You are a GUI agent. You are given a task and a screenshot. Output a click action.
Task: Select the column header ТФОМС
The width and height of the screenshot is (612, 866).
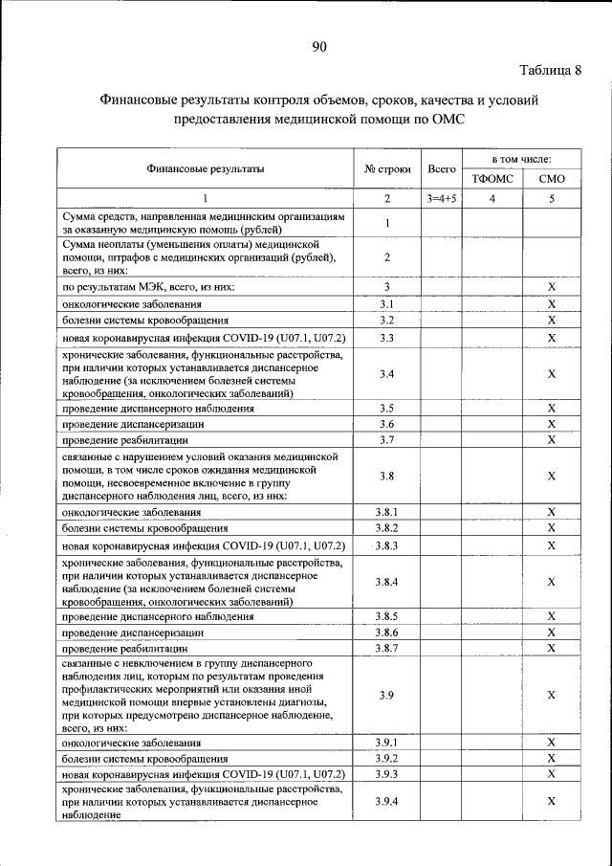492,179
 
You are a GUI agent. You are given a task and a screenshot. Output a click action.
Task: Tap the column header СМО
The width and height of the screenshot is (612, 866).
552,179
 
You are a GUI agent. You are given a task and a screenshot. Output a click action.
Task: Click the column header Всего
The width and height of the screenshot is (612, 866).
442,168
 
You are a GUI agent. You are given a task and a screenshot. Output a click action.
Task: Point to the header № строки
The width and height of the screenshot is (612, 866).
387,168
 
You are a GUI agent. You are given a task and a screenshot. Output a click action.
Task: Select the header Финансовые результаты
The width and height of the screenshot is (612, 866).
206,168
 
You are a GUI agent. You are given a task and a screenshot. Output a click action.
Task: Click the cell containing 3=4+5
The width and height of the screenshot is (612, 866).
442,199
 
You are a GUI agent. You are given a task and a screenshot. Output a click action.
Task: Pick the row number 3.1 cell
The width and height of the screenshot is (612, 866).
387,303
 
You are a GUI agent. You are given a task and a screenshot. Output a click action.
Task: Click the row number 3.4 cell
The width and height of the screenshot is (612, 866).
387,373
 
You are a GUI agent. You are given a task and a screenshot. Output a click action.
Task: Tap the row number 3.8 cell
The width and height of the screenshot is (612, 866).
387,476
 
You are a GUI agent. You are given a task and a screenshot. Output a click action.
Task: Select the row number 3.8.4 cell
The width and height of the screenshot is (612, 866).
387,582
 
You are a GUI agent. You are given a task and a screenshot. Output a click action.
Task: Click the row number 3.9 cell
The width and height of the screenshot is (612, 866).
387,696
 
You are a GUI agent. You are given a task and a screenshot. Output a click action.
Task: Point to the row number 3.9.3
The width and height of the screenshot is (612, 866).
387,773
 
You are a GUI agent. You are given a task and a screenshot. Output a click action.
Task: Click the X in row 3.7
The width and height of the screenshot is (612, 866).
552,439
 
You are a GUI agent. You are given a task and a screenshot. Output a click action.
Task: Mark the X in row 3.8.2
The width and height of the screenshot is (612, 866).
552,528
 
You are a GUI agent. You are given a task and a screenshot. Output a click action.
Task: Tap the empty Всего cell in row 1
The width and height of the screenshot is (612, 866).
442,224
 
